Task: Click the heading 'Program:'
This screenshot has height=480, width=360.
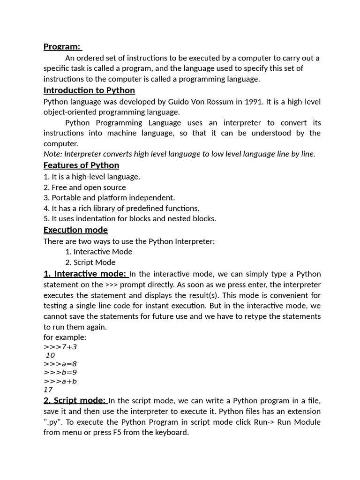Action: (x=62, y=46)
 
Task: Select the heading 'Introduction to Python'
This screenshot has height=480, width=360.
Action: (x=89, y=90)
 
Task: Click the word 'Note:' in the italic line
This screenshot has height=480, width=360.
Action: (x=52, y=154)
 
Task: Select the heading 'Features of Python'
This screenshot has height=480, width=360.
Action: (x=81, y=165)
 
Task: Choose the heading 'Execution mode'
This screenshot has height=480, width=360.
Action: (x=75, y=230)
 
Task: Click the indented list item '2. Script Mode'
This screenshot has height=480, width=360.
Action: (x=90, y=262)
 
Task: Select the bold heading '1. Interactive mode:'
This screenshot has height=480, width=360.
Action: (x=85, y=274)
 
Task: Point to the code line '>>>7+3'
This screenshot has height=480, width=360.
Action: (x=60, y=347)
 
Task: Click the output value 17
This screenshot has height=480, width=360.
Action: (x=48, y=390)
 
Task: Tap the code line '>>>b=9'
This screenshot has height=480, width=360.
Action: (x=60, y=372)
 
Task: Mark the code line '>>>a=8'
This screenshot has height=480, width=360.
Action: (x=60, y=364)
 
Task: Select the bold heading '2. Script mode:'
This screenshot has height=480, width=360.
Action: (x=75, y=400)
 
